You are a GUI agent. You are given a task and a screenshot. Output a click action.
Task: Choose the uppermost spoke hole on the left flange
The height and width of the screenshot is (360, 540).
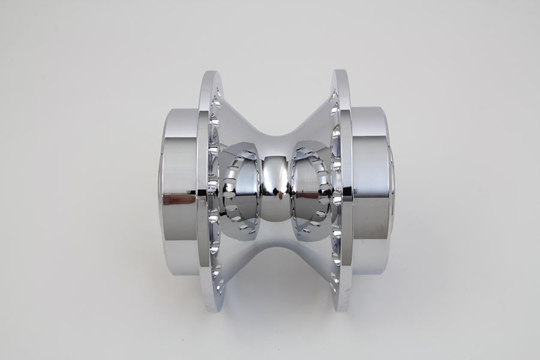coord(217,93)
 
